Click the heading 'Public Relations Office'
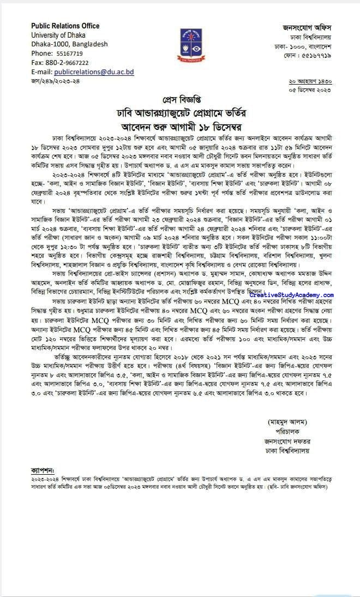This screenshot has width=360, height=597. [65, 26]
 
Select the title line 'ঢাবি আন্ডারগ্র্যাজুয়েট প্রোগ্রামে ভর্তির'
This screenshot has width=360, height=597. [181, 113]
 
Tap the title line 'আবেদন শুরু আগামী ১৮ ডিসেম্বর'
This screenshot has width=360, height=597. [181, 127]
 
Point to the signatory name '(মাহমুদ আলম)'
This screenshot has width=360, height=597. [288, 407]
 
